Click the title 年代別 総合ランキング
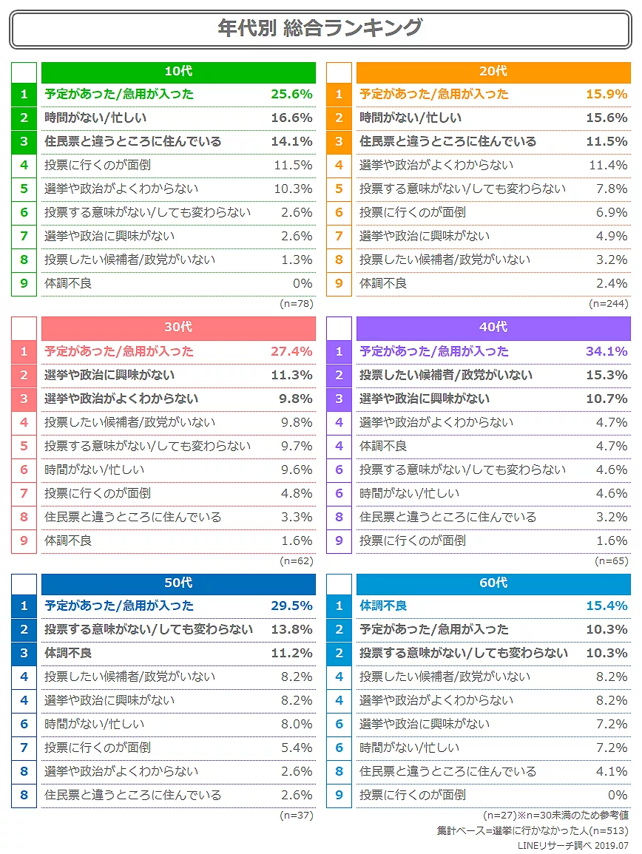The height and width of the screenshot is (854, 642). [320, 28]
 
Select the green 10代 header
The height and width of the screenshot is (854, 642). [178, 72]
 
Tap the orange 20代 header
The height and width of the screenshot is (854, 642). [493, 72]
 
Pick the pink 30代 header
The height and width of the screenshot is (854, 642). [178, 328]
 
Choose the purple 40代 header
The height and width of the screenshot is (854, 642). [493, 328]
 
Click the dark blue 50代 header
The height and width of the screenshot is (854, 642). [178, 583]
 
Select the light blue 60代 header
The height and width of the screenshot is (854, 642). [493, 583]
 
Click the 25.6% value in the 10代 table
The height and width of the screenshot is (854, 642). [291, 94]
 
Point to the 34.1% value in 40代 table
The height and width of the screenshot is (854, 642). [606, 351]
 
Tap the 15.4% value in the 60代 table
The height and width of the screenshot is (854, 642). [606, 606]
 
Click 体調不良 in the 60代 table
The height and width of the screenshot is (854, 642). [383, 606]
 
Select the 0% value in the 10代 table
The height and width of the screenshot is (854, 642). [303, 283]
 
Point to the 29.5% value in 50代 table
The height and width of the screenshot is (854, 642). [291, 606]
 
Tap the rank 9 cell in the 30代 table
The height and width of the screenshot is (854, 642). [24, 540]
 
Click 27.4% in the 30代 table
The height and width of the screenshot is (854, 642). [291, 351]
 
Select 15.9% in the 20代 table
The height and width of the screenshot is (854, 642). [606, 94]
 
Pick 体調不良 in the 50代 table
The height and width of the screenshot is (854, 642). [68, 653]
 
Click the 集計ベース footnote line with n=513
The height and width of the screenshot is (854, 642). [533, 830]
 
